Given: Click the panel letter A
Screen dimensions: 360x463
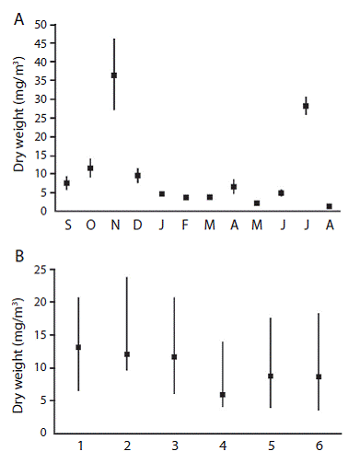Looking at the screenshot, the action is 19,19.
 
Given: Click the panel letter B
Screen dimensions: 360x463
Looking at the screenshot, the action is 19,256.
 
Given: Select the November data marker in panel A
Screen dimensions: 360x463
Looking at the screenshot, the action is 114,75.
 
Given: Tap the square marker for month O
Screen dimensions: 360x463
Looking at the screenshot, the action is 90,168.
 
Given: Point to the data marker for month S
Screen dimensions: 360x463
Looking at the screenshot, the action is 66,183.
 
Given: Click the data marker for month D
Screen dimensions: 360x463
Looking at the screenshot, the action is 138,176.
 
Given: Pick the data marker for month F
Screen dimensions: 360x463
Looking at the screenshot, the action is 186,197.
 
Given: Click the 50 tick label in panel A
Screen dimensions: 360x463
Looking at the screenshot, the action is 41,25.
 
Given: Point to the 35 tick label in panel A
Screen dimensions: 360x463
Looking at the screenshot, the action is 41,81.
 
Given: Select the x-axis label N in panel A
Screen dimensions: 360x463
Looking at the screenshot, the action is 115,226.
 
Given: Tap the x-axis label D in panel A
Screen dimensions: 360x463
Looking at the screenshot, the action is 137,226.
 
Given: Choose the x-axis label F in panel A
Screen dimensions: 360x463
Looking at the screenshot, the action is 185,226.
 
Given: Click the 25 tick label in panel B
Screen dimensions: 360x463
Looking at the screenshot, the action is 41,270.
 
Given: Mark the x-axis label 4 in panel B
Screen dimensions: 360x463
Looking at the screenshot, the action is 223,446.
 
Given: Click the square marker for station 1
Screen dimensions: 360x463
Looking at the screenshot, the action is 78,347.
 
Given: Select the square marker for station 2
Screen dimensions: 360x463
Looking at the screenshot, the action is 127,354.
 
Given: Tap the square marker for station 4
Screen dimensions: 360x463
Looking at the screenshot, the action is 223,395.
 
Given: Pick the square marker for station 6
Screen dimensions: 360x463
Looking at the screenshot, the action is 319,376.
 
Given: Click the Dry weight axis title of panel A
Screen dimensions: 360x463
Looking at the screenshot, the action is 18,114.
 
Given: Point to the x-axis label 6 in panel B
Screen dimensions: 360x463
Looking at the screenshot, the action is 319,446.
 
